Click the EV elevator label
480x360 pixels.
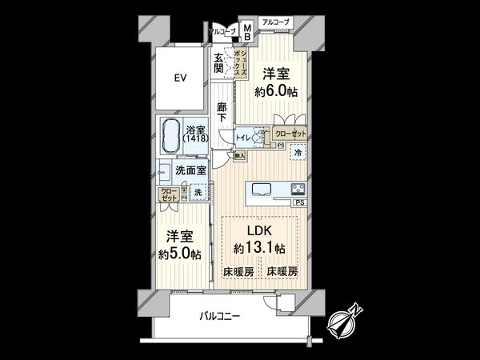tap(181, 78)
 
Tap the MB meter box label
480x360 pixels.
tap(247, 33)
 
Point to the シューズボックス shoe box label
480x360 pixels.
tap(238, 61)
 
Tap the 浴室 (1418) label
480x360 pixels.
tap(194, 134)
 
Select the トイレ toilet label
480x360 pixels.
tap(242, 138)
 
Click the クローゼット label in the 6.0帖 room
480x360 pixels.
tap(290, 134)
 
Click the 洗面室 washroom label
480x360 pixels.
tap(191, 170)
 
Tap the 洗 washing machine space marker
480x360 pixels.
tap(199, 192)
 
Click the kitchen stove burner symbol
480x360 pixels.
tap(298, 190)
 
